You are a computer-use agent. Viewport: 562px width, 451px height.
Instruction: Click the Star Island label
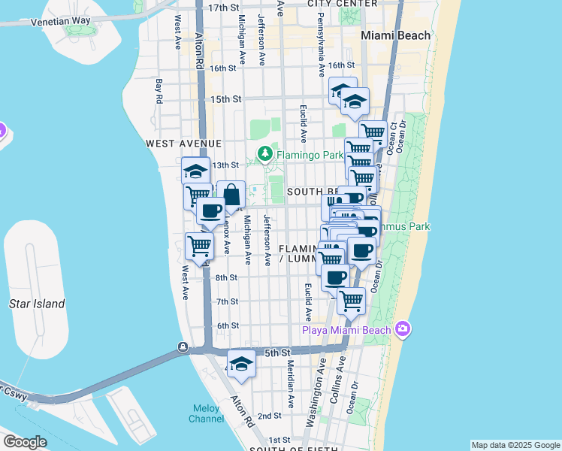tap(37, 304)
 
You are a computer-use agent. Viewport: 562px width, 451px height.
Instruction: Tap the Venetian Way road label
tap(60, 22)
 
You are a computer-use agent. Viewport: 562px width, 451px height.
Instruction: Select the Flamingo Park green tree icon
tap(264, 155)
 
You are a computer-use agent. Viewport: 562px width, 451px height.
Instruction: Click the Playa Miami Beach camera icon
tap(403, 329)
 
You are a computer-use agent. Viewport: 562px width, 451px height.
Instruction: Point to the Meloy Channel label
tap(204, 413)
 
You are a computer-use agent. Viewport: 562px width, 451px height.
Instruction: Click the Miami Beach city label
tap(395, 35)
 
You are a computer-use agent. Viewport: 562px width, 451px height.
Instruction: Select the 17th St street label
tap(223, 7)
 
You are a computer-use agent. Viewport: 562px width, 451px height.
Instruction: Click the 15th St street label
tap(225, 99)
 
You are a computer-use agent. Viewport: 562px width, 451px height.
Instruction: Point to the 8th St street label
tap(226, 277)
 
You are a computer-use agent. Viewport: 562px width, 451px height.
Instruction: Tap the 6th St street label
tap(227, 325)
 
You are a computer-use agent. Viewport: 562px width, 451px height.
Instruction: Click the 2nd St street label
tap(270, 415)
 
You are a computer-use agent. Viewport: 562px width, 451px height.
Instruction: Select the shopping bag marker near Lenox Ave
tap(231, 195)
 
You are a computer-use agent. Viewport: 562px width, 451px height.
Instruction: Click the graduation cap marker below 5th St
tap(241, 364)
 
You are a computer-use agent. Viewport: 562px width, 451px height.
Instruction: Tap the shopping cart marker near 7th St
tap(351, 301)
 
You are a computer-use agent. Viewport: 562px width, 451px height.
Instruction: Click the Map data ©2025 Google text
tap(515, 445)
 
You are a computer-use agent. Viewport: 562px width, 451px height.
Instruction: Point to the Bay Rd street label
tap(159, 90)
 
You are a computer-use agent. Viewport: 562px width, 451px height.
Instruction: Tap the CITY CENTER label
tap(343, 4)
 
